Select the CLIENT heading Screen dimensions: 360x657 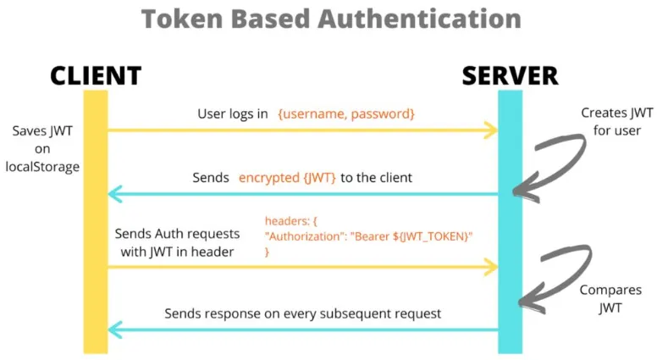pyautogui.click(x=95, y=75)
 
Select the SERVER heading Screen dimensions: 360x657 pyautogui.click(x=510, y=75)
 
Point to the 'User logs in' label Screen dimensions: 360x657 pyautogui.click(x=233, y=113)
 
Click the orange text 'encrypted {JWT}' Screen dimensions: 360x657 pyautogui.click(x=287, y=178)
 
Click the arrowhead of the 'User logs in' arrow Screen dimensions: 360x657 pyautogui.click(x=490, y=130)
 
